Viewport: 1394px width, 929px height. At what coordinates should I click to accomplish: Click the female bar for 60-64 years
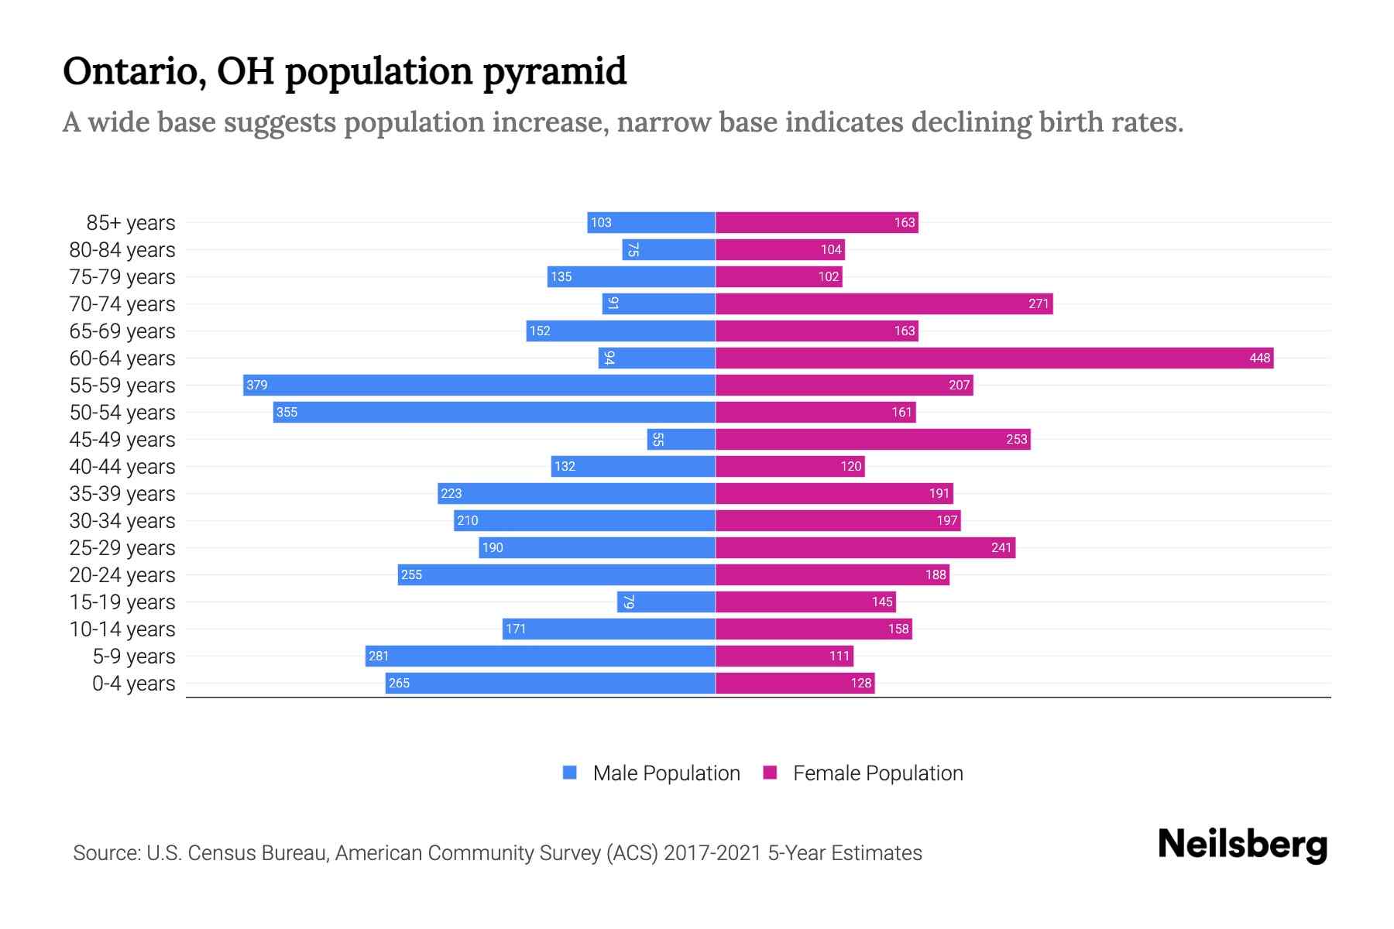pos(994,358)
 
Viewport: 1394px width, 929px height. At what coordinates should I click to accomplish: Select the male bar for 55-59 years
pos(479,385)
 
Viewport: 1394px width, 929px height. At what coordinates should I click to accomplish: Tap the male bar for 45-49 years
pos(681,439)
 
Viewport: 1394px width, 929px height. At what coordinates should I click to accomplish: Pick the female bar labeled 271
pos(884,303)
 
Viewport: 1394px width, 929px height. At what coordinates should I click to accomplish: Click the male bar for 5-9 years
pos(540,656)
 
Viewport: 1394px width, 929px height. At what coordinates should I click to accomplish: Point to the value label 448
pos(1259,358)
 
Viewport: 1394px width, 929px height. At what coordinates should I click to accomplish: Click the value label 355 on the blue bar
pos(287,412)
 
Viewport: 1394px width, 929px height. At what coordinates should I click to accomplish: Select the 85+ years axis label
pos(131,223)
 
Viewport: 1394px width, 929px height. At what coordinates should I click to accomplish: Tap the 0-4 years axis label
pos(133,684)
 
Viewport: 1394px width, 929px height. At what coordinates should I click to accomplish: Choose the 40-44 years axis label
pos(122,467)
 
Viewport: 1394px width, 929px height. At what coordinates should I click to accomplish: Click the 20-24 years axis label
pos(122,575)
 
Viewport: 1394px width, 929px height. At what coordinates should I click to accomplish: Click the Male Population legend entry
pos(666,773)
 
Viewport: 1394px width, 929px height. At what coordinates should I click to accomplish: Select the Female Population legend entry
pos(877,773)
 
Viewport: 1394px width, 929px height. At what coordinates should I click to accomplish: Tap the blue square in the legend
pos(570,773)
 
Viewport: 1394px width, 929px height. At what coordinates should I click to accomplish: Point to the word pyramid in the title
pos(555,73)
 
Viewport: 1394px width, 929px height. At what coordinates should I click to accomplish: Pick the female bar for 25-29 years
pos(865,547)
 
